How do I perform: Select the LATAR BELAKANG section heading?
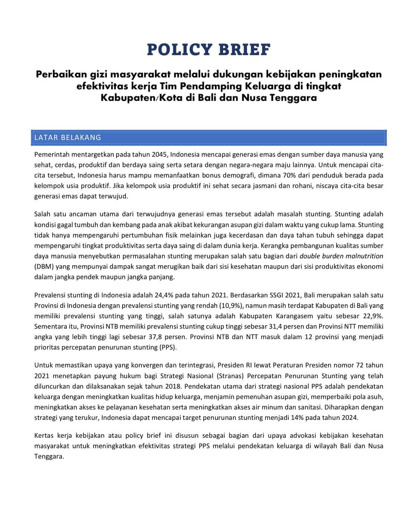[x=67, y=137]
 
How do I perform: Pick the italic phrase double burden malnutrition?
[x=341, y=256]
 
